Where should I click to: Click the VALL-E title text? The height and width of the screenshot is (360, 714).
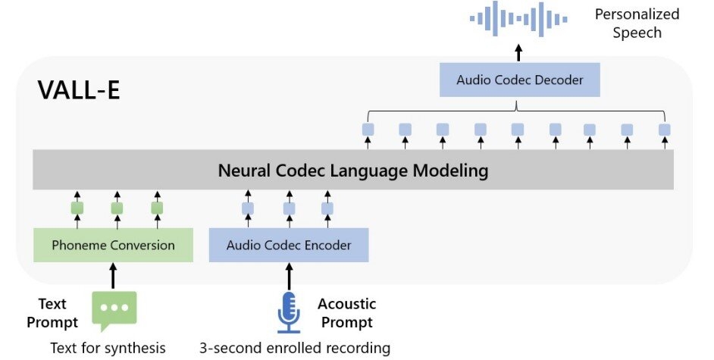[79, 91]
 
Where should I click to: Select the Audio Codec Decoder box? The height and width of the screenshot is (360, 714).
[519, 80]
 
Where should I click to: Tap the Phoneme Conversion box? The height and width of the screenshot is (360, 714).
[113, 245]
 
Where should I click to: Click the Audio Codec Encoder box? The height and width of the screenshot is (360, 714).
[289, 245]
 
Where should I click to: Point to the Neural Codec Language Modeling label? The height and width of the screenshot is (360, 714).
[353, 171]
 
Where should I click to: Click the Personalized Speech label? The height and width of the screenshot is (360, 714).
[637, 23]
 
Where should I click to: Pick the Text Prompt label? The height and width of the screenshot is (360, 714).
[52, 313]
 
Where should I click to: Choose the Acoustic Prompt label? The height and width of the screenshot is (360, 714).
[346, 313]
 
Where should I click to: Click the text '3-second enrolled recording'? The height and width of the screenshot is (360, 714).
[295, 349]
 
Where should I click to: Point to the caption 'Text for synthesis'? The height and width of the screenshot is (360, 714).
[108, 349]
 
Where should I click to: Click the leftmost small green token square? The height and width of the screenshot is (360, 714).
[77, 208]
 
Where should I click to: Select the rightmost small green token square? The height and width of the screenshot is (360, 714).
[157, 208]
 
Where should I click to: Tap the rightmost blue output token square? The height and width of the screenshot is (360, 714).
[664, 130]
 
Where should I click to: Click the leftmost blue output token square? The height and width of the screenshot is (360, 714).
[368, 130]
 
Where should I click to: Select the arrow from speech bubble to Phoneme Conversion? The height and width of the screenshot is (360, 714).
[114, 276]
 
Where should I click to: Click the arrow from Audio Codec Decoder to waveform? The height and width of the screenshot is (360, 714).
[519, 52]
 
